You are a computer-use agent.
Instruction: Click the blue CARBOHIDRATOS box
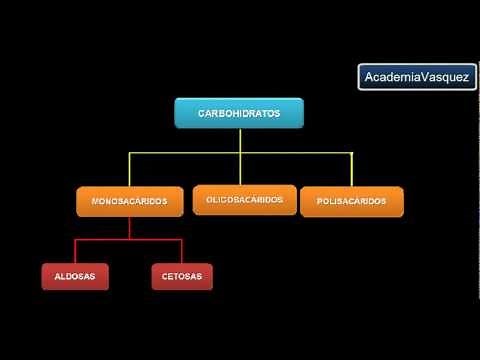click(239, 114)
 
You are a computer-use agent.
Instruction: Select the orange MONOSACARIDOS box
click(129, 201)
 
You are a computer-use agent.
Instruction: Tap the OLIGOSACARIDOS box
click(245, 200)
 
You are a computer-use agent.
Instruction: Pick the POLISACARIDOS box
click(351, 201)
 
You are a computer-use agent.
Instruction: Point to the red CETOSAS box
click(182, 275)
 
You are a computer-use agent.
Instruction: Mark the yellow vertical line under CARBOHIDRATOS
click(240, 141)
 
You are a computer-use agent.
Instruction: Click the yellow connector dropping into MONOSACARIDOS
click(128, 169)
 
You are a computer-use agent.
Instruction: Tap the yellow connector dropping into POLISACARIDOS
click(351, 169)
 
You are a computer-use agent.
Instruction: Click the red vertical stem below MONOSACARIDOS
click(129, 228)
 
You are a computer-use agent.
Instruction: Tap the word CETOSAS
click(182, 275)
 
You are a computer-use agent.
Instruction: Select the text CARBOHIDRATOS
click(239, 114)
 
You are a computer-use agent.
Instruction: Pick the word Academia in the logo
click(393, 77)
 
